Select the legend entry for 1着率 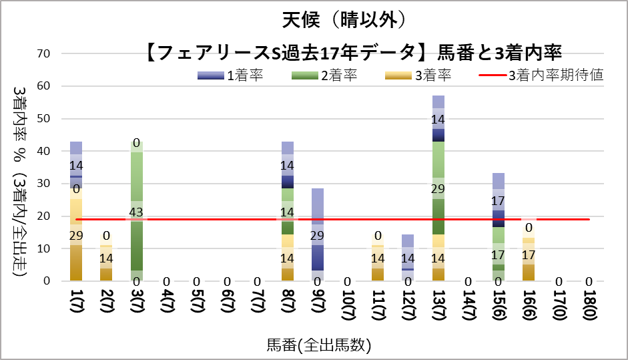click(x=230, y=75)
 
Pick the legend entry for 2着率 click(x=324, y=75)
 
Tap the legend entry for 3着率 click(x=418, y=75)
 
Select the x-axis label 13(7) click(x=438, y=309)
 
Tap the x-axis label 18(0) click(x=589, y=309)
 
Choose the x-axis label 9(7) click(x=318, y=309)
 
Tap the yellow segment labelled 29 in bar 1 click(x=76, y=234)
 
